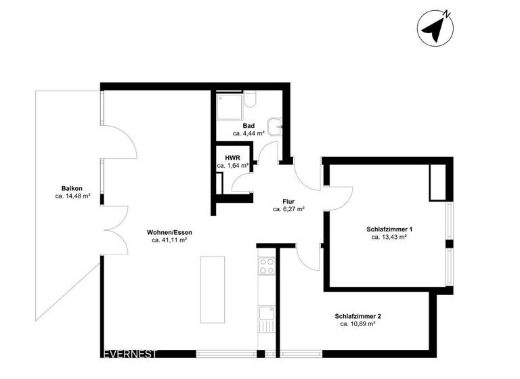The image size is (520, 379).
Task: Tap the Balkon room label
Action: point(72,188)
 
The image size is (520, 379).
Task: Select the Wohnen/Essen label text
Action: point(169,231)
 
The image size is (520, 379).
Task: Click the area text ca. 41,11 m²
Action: point(169,240)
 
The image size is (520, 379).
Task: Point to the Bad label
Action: point(248,126)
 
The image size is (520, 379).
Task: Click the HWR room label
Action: point(232,157)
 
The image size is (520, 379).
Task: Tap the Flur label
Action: point(288,201)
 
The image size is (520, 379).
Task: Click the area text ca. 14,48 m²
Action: point(72,197)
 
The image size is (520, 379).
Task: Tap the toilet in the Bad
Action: point(251,100)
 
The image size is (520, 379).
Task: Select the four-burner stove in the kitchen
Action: point(266,265)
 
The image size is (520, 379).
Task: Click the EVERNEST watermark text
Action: point(129,353)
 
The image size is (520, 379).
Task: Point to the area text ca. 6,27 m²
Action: point(288,210)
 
